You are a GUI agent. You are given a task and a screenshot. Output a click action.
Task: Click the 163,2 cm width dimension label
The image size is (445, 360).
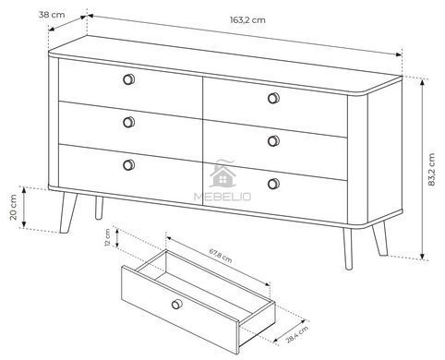tap(247, 20)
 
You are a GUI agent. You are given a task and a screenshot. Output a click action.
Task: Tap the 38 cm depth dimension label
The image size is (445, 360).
tap(52, 15)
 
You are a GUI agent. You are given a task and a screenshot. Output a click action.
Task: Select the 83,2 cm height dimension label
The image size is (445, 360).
tap(431, 170)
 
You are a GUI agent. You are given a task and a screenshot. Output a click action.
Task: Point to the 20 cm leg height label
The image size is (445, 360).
tap(13, 207)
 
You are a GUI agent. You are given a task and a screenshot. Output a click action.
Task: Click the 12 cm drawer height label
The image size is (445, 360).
tap(107, 238)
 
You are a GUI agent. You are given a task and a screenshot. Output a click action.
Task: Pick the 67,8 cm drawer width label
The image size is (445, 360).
tap(221, 256)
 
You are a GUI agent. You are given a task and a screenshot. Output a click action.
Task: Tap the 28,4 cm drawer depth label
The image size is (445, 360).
tap(297, 334)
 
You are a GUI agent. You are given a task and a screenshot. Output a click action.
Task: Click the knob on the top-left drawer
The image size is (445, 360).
tap(128, 79)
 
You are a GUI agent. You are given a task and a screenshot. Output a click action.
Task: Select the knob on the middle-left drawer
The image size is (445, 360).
tap(128, 122)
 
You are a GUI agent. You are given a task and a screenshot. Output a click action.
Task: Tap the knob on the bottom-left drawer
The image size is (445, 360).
tap(128, 165)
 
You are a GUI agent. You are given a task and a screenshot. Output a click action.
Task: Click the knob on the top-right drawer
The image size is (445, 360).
tap(273, 98)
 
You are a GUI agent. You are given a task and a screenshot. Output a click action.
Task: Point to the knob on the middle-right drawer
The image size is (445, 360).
tap(273, 141)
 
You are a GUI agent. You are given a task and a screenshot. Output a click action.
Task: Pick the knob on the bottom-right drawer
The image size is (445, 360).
tap(273, 184)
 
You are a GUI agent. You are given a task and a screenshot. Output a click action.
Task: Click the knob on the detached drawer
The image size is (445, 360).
tap(177, 304)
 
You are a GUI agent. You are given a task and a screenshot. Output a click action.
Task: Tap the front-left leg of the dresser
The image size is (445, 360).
tap(67, 212)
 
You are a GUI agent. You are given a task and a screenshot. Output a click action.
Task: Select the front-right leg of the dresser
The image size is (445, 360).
tap(348, 248)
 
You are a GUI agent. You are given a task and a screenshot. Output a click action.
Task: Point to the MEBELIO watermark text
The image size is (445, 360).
tap(222, 197)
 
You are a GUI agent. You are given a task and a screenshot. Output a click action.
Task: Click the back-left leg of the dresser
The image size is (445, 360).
tap(99, 208)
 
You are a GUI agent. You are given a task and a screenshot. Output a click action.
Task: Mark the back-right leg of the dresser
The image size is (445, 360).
tap(380, 239)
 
